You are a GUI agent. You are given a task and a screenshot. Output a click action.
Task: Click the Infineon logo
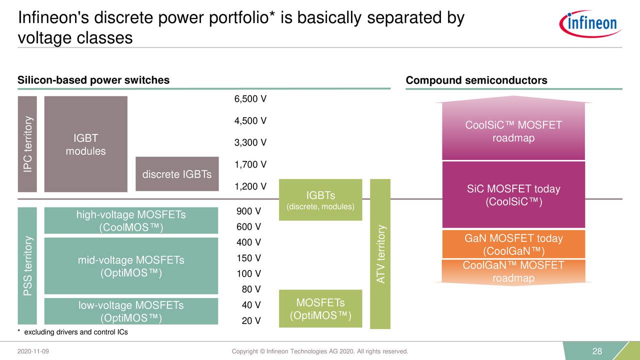pos(590,24)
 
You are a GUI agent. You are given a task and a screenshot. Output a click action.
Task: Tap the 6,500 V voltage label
pos(250,99)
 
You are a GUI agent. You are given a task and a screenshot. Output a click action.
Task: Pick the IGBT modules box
pos(85,144)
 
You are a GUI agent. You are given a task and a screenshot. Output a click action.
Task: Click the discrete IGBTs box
pos(177,174)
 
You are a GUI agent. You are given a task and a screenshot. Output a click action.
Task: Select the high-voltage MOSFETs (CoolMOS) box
pos(131,220)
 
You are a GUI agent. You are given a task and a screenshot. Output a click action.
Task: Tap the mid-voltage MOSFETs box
pos(131,266)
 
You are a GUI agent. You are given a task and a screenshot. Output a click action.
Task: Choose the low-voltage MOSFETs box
pos(131,311)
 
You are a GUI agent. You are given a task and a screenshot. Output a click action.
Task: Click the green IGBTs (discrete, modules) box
pos(320,199)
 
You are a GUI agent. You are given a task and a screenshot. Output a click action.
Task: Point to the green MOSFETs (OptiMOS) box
pos(320,309)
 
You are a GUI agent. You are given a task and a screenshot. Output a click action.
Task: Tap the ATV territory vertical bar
pos(380,254)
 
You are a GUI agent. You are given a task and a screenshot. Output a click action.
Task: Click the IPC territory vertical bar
pos(27,144)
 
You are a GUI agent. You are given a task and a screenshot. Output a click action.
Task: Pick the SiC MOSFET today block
pos(513,195)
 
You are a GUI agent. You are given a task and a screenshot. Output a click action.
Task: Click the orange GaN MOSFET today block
pos(513,244)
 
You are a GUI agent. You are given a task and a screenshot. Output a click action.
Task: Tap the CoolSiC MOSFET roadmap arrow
pos(513,131)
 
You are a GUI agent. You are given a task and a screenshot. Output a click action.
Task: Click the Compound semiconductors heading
pos(476,80)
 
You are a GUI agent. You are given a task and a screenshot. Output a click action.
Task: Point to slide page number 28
pos(597,351)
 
